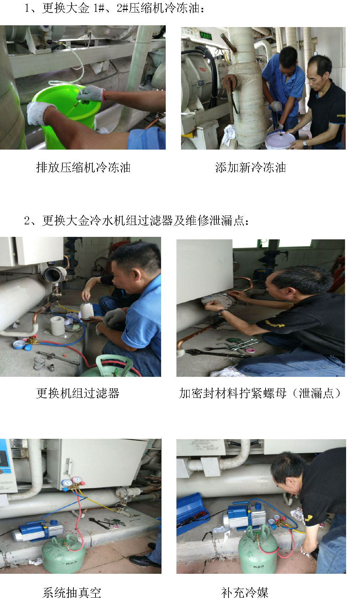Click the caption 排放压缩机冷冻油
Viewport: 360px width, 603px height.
(x=83, y=167)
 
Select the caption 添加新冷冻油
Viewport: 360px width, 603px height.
(x=251, y=167)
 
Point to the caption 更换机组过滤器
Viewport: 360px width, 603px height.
(x=78, y=393)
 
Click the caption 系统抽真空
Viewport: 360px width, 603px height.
(x=72, y=593)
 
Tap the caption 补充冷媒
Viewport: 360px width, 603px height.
(x=245, y=593)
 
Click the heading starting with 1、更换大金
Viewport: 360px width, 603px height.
(x=114, y=8)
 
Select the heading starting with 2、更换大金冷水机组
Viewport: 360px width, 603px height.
(x=137, y=221)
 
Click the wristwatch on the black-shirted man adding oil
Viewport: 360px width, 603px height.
(x=305, y=145)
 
